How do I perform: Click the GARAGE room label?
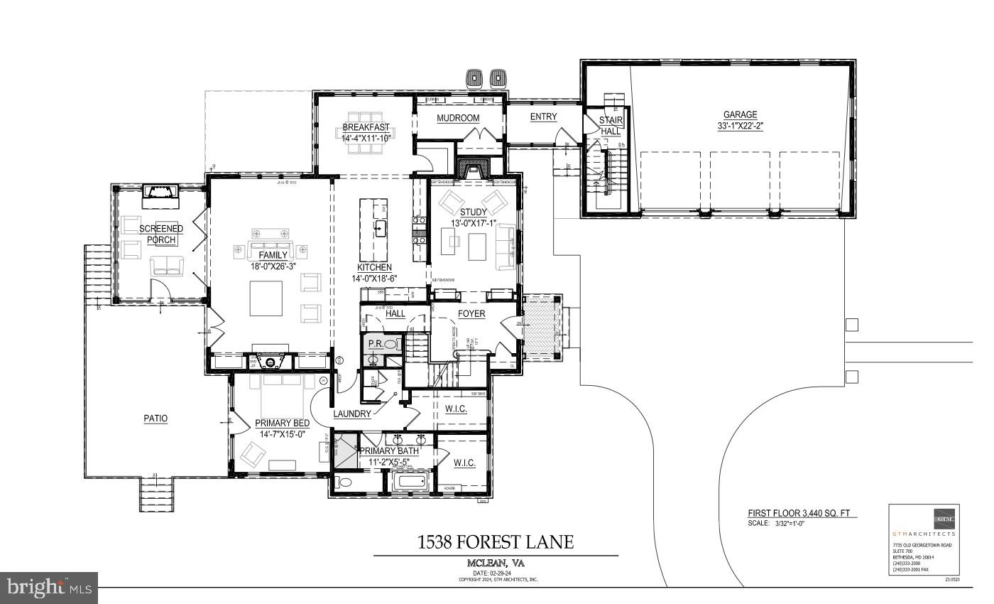pyautogui.click(x=740, y=114)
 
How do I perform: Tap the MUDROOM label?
pyautogui.click(x=458, y=118)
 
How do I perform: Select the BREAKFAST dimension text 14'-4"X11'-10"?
pyautogui.click(x=366, y=138)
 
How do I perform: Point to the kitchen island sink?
pyautogui.click(x=380, y=228)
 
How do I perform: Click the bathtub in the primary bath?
pyautogui.click(x=411, y=482)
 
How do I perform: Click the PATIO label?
pyautogui.click(x=155, y=419)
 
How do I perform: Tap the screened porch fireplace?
pyautogui.click(x=160, y=192)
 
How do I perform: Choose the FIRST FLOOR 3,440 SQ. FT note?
pyautogui.click(x=802, y=513)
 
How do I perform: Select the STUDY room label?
pyautogui.click(x=473, y=212)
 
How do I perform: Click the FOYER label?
pyautogui.click(x=471, y=313)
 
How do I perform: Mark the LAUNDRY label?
pyautogui.click(x=352, y=414)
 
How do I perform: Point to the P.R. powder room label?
pyautogui.click(x=376, y=344)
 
